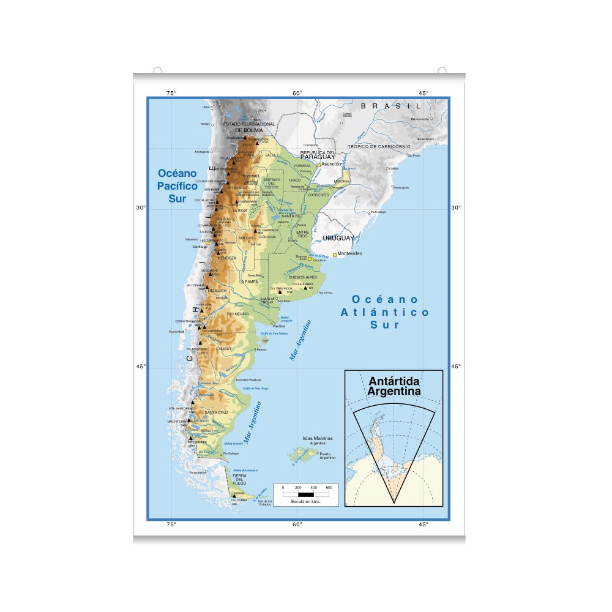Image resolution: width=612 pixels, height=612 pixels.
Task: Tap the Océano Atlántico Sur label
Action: click(x=385, y=312)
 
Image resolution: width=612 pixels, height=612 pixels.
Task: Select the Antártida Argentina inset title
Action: click(x=394, y=386)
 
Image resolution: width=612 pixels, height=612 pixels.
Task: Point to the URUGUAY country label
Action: click(x=338, y=238)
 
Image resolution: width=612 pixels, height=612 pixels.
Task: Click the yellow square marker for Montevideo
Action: click(x=335, y=254)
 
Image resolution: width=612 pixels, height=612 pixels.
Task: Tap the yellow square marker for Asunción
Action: click(x=319, y=165)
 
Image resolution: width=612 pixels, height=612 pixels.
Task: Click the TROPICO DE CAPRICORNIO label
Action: click(x=379, y=147)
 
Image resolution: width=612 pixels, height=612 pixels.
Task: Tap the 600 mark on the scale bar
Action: click(x=329, y=488)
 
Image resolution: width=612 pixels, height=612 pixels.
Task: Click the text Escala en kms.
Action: click(x=305, y=501)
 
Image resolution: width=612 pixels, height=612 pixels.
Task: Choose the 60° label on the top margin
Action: click(x=297, y=93)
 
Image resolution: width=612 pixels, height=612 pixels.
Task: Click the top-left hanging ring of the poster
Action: click(x=157, y=70)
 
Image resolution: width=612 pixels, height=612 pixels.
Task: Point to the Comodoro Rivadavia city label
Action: click(x=253, y=380)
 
